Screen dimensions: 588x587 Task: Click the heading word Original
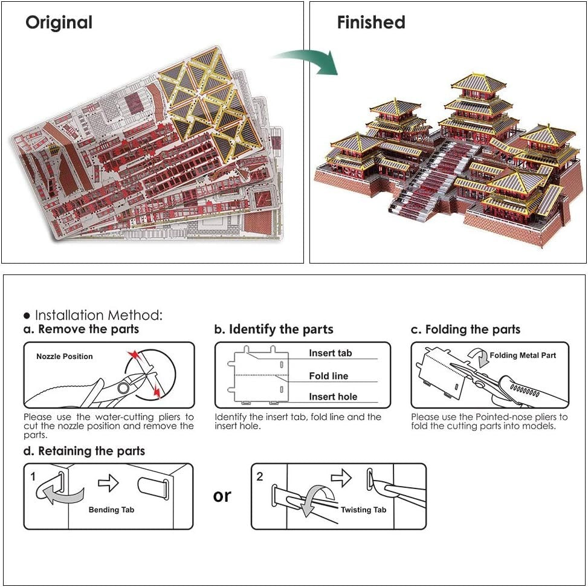(59, 22)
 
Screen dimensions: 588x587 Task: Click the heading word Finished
(371, 22)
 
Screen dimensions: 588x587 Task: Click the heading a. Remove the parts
(81, 329)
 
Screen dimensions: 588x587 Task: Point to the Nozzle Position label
(65, 356)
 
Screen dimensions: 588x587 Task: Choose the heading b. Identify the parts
(274, 329)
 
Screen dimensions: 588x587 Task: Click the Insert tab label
(331, 353)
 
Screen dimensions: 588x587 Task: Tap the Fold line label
(329, 376)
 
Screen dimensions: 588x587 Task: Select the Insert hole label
(333, 397)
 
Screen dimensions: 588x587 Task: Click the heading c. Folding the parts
(465, 329)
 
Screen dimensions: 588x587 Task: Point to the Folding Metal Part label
(523, 355)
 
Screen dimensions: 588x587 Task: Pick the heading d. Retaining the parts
(84, 451)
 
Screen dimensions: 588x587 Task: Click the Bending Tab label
(111, 510)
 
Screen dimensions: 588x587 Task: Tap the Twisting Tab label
(363, 510)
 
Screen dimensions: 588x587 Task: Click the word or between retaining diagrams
(222, 496)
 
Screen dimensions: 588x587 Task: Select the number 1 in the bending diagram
(33, 476)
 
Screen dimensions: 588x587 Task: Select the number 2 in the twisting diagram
(260, 476)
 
